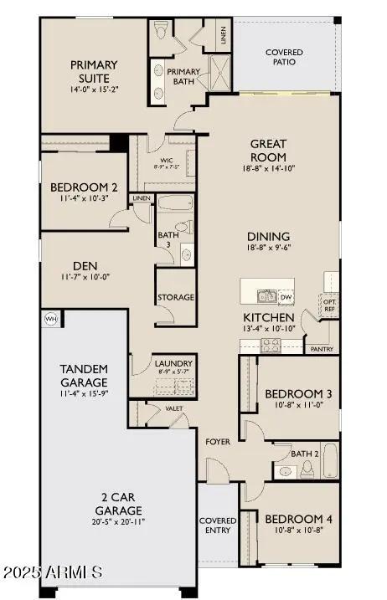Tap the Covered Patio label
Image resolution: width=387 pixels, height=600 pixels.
point(284,57)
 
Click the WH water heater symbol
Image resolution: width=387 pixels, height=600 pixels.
point(50,319)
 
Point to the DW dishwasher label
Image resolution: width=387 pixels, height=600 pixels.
point(286,297)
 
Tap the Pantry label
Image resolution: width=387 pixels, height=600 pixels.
point(322,349)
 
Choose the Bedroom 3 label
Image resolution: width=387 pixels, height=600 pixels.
point(298,394)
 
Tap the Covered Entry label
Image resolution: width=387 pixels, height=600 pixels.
point(218,526)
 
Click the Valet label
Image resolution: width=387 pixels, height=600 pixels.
point(174,408)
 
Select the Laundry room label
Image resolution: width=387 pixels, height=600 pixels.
point(174,363)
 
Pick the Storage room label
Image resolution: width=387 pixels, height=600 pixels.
point(176,297)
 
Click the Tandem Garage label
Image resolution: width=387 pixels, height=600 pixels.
point(83,376)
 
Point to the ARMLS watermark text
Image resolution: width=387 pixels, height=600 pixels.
point(53,573)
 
